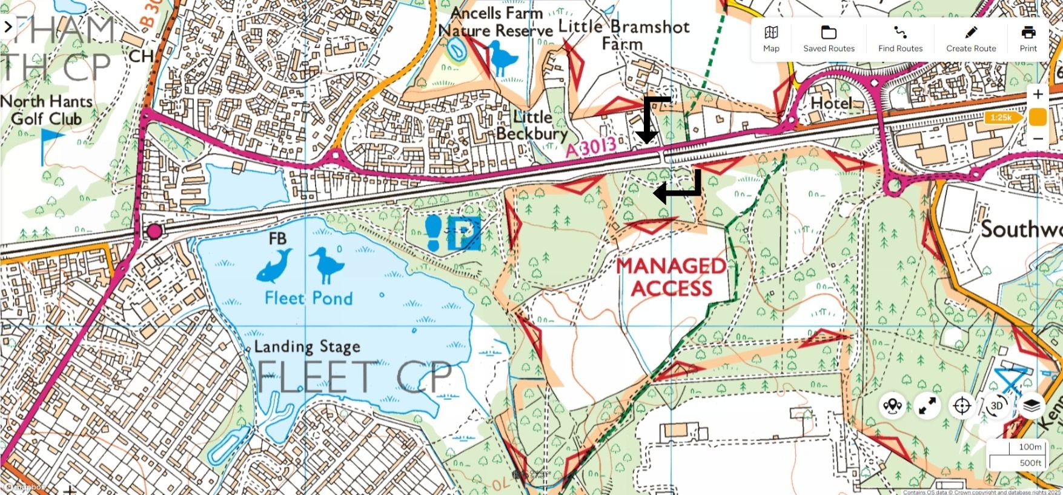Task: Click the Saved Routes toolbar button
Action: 829,39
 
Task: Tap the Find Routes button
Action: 900,39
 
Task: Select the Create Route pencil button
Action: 971,39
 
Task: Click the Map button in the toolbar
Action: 771,39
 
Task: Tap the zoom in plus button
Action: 1038,95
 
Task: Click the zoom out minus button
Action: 1038,139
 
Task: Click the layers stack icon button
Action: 1032,405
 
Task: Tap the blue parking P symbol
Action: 465,233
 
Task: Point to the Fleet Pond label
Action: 308,298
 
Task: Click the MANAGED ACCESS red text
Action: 672,277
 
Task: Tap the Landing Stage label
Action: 307,347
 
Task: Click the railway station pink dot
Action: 154,231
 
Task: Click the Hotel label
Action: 831,103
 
